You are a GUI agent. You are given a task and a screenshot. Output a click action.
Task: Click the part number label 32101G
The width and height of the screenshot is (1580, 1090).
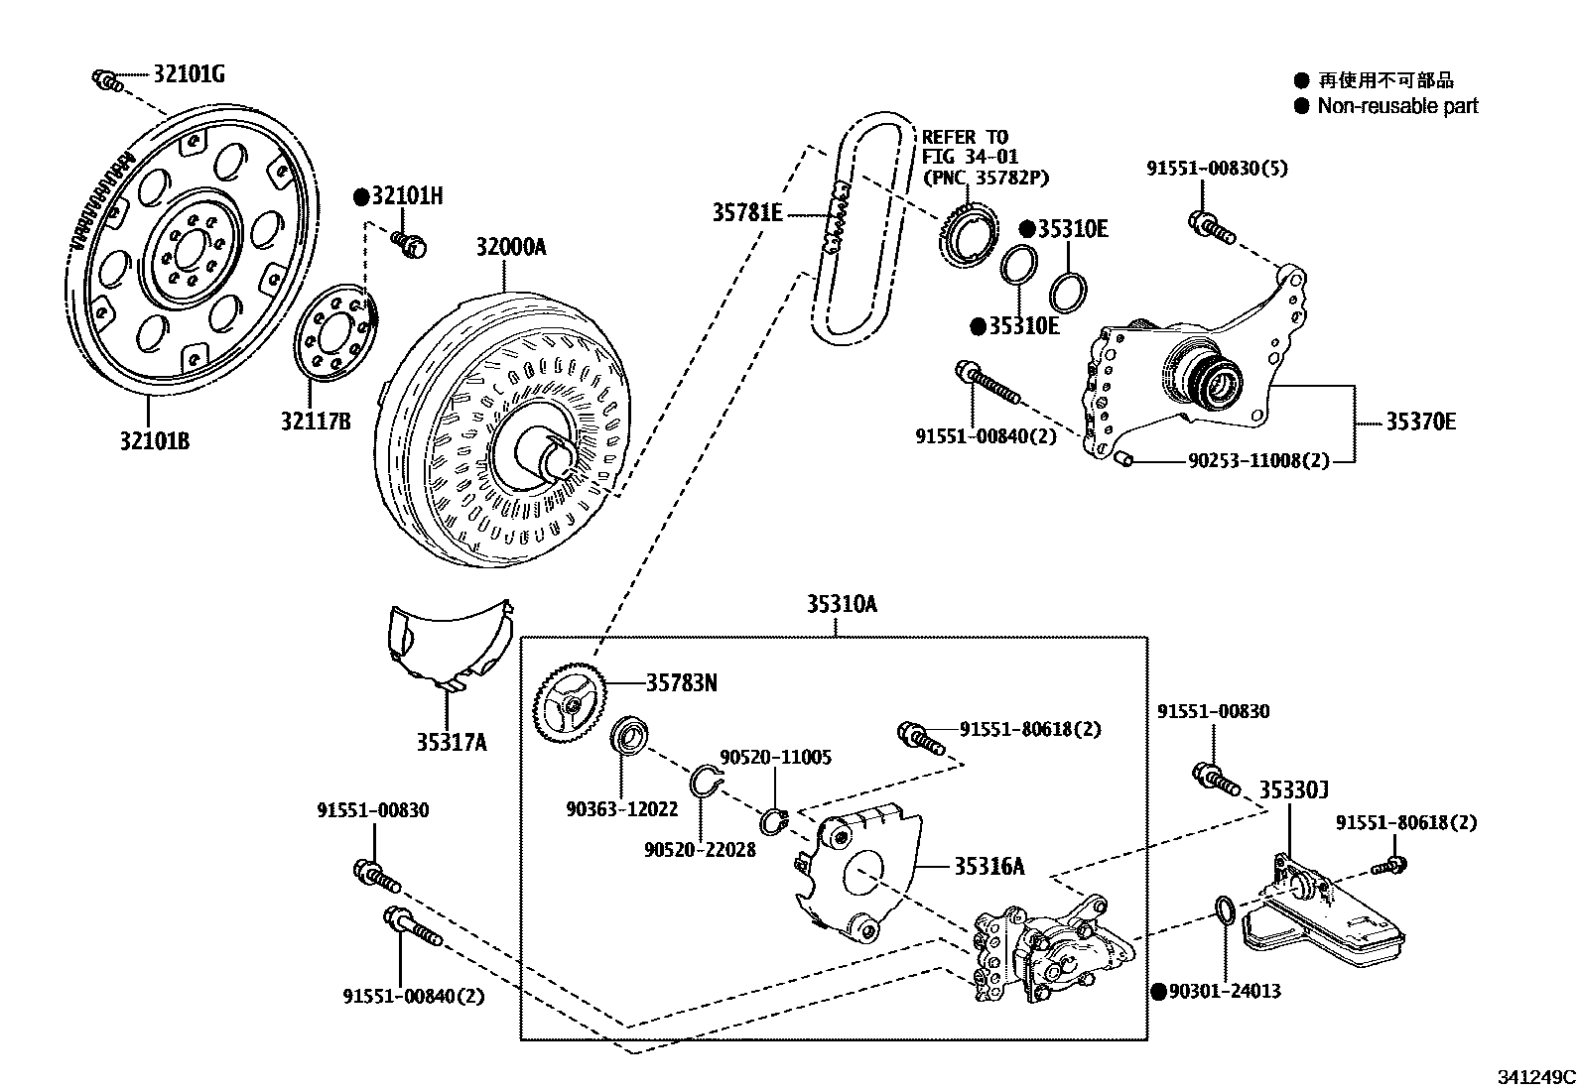[189, 72]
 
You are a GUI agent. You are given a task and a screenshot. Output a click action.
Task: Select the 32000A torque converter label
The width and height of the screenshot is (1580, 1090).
[510, 247]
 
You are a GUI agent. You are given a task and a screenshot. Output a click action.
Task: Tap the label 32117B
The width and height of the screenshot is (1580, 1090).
[315, 422]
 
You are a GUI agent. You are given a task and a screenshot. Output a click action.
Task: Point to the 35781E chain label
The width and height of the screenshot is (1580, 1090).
[747, 211]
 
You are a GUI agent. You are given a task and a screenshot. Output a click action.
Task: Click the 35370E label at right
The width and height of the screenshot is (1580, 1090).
[1420, 422]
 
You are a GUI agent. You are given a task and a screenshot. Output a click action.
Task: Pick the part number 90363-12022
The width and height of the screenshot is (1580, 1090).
[622, 809]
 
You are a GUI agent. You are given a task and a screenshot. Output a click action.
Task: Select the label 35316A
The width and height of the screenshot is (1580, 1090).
[989, 866]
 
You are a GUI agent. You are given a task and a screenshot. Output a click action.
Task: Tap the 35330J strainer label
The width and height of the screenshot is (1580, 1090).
[1294, 790]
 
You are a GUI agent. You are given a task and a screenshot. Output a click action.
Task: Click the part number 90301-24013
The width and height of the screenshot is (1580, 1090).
[1225, 990]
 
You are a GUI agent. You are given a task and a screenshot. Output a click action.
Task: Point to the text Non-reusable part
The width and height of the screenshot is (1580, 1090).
[1397, 106]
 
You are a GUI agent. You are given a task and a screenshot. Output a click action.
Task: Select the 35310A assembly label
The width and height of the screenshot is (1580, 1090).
[841, 604]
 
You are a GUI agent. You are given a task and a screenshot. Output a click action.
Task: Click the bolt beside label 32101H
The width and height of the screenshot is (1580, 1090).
[407, 241]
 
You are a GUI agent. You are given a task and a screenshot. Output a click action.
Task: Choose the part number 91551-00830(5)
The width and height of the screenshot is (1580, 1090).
[1217, 169]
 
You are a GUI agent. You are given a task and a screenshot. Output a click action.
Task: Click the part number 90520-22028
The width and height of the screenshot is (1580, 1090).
[699, 849]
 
